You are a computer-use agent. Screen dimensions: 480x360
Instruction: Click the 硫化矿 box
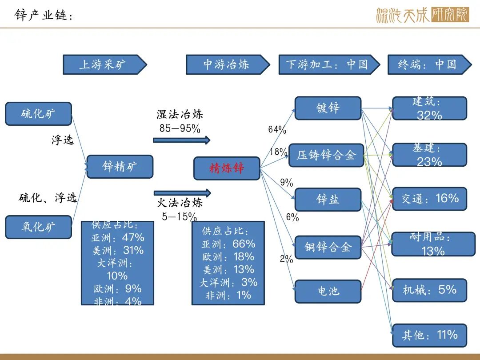click(39, 114)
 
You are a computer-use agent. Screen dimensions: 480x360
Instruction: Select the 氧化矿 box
click(39, 227)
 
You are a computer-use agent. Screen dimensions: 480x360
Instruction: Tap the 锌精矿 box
click(120, 167)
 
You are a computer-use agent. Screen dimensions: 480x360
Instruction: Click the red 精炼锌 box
click(227, 168)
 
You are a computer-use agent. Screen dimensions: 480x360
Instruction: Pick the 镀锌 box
click(328, 108)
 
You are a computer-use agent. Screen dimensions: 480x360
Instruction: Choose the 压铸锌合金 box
click(326, 155)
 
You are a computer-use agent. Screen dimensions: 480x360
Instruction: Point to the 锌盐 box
click(328, 200)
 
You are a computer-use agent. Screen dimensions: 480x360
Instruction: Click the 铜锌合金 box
click(328, 247)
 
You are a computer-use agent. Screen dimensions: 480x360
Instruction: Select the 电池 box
click(328, 291)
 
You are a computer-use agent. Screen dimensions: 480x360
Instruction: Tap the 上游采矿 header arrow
click(105, 64)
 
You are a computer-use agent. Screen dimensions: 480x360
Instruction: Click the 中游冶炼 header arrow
click(228, 64)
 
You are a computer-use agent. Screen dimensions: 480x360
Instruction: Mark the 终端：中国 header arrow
click(430, 64)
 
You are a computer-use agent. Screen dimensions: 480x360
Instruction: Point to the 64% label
click(277, 129)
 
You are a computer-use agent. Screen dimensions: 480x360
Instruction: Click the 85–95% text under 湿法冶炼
click(180, 128)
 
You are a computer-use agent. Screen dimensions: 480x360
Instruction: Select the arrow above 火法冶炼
click(183, 193)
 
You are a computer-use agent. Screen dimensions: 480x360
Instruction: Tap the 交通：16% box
click(429, 199)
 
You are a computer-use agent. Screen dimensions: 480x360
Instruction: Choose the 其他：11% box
click(429, 335)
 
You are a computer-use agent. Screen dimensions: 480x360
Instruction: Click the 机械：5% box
click(429, 290)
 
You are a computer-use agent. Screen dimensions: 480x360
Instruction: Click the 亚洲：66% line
click(228, 244)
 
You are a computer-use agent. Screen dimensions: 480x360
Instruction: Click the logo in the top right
click(423, 15)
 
